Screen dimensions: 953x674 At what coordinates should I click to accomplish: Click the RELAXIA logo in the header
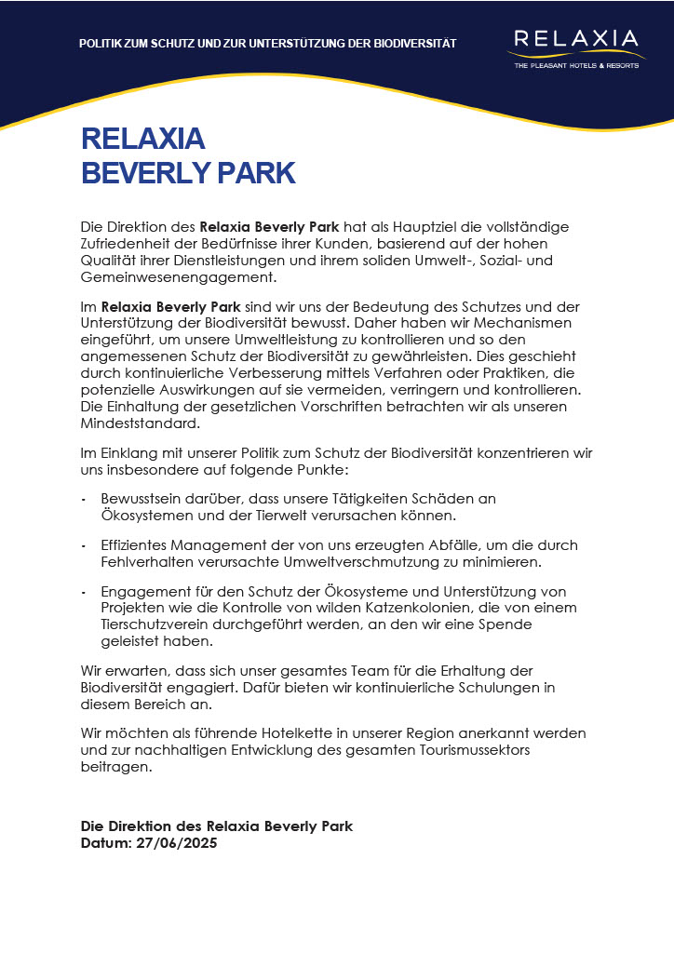(x=577, y=40)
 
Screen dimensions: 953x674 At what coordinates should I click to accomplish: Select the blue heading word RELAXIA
(x=142, y=139)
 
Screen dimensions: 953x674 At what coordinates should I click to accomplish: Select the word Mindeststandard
(x=140, y=423)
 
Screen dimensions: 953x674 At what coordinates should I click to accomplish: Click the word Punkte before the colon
(x=316, y=471)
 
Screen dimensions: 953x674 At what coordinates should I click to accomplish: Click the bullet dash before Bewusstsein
(x=84, y=499)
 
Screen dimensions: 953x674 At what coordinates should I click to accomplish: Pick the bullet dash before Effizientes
(x=84, y=545)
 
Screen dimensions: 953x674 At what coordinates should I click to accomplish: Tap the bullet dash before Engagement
(x=84, y=592)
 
